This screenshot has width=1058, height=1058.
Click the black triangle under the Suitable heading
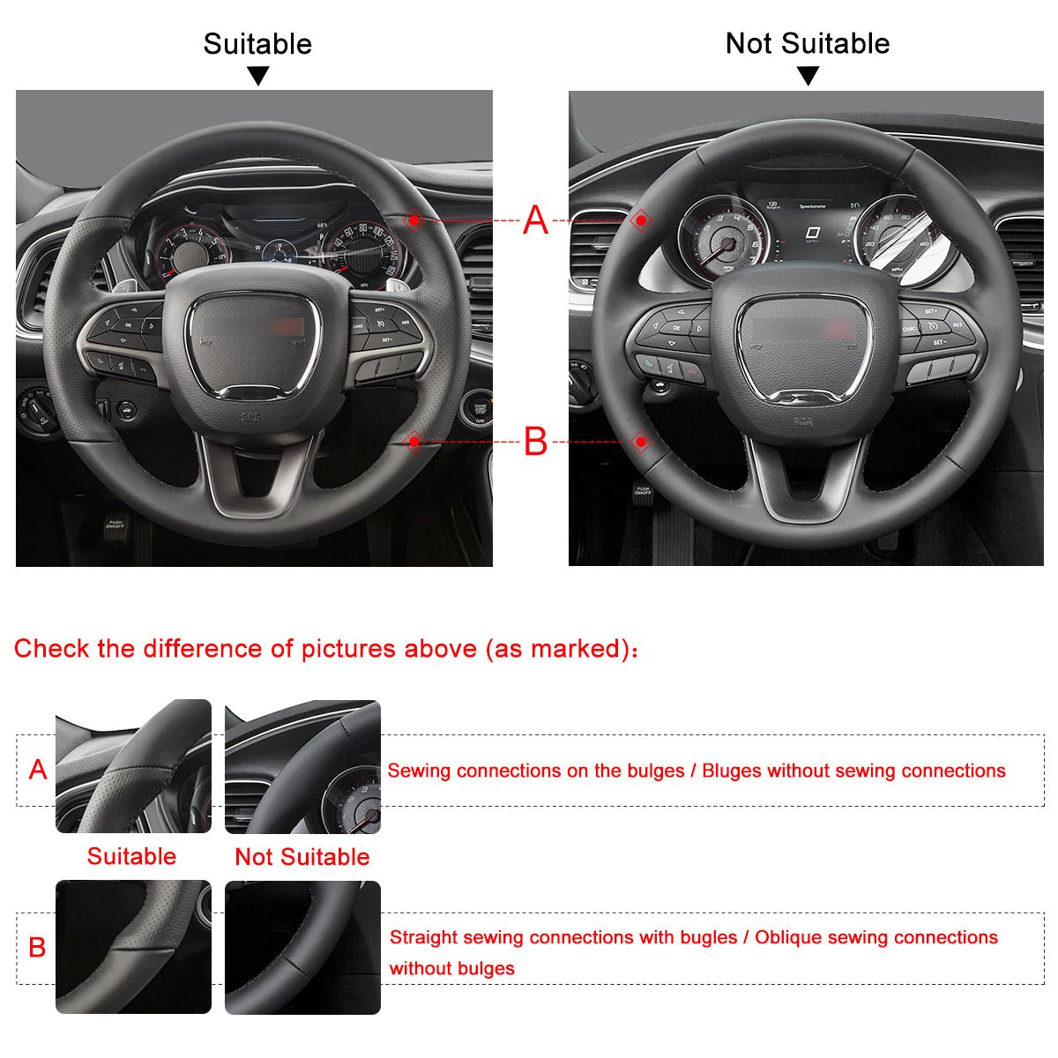tap(257, 77)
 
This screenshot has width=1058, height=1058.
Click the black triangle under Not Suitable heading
tap(808, 77)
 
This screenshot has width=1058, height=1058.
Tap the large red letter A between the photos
tap(535, 220)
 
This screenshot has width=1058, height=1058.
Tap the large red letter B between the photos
tap(535, 441)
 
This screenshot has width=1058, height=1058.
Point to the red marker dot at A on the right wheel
tap(642, 220)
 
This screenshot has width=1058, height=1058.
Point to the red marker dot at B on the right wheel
tap(641, 441)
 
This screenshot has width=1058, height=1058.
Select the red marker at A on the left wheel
tap(413, 220)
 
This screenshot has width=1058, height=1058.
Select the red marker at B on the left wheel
tap(413, 440)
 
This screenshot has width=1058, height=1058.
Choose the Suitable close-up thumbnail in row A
tap(133, 766)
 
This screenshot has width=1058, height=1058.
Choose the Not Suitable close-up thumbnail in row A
tap(302, 766)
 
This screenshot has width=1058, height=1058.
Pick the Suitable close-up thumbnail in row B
tap(133, 947)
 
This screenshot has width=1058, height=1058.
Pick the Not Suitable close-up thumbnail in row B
tap(302, 947)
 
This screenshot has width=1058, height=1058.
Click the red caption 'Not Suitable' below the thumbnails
tap(302, 857)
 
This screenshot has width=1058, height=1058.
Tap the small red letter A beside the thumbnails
tap(38, 770)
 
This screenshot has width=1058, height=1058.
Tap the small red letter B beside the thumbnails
tap(37, 948)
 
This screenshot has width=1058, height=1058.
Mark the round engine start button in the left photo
tap(479, 408)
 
